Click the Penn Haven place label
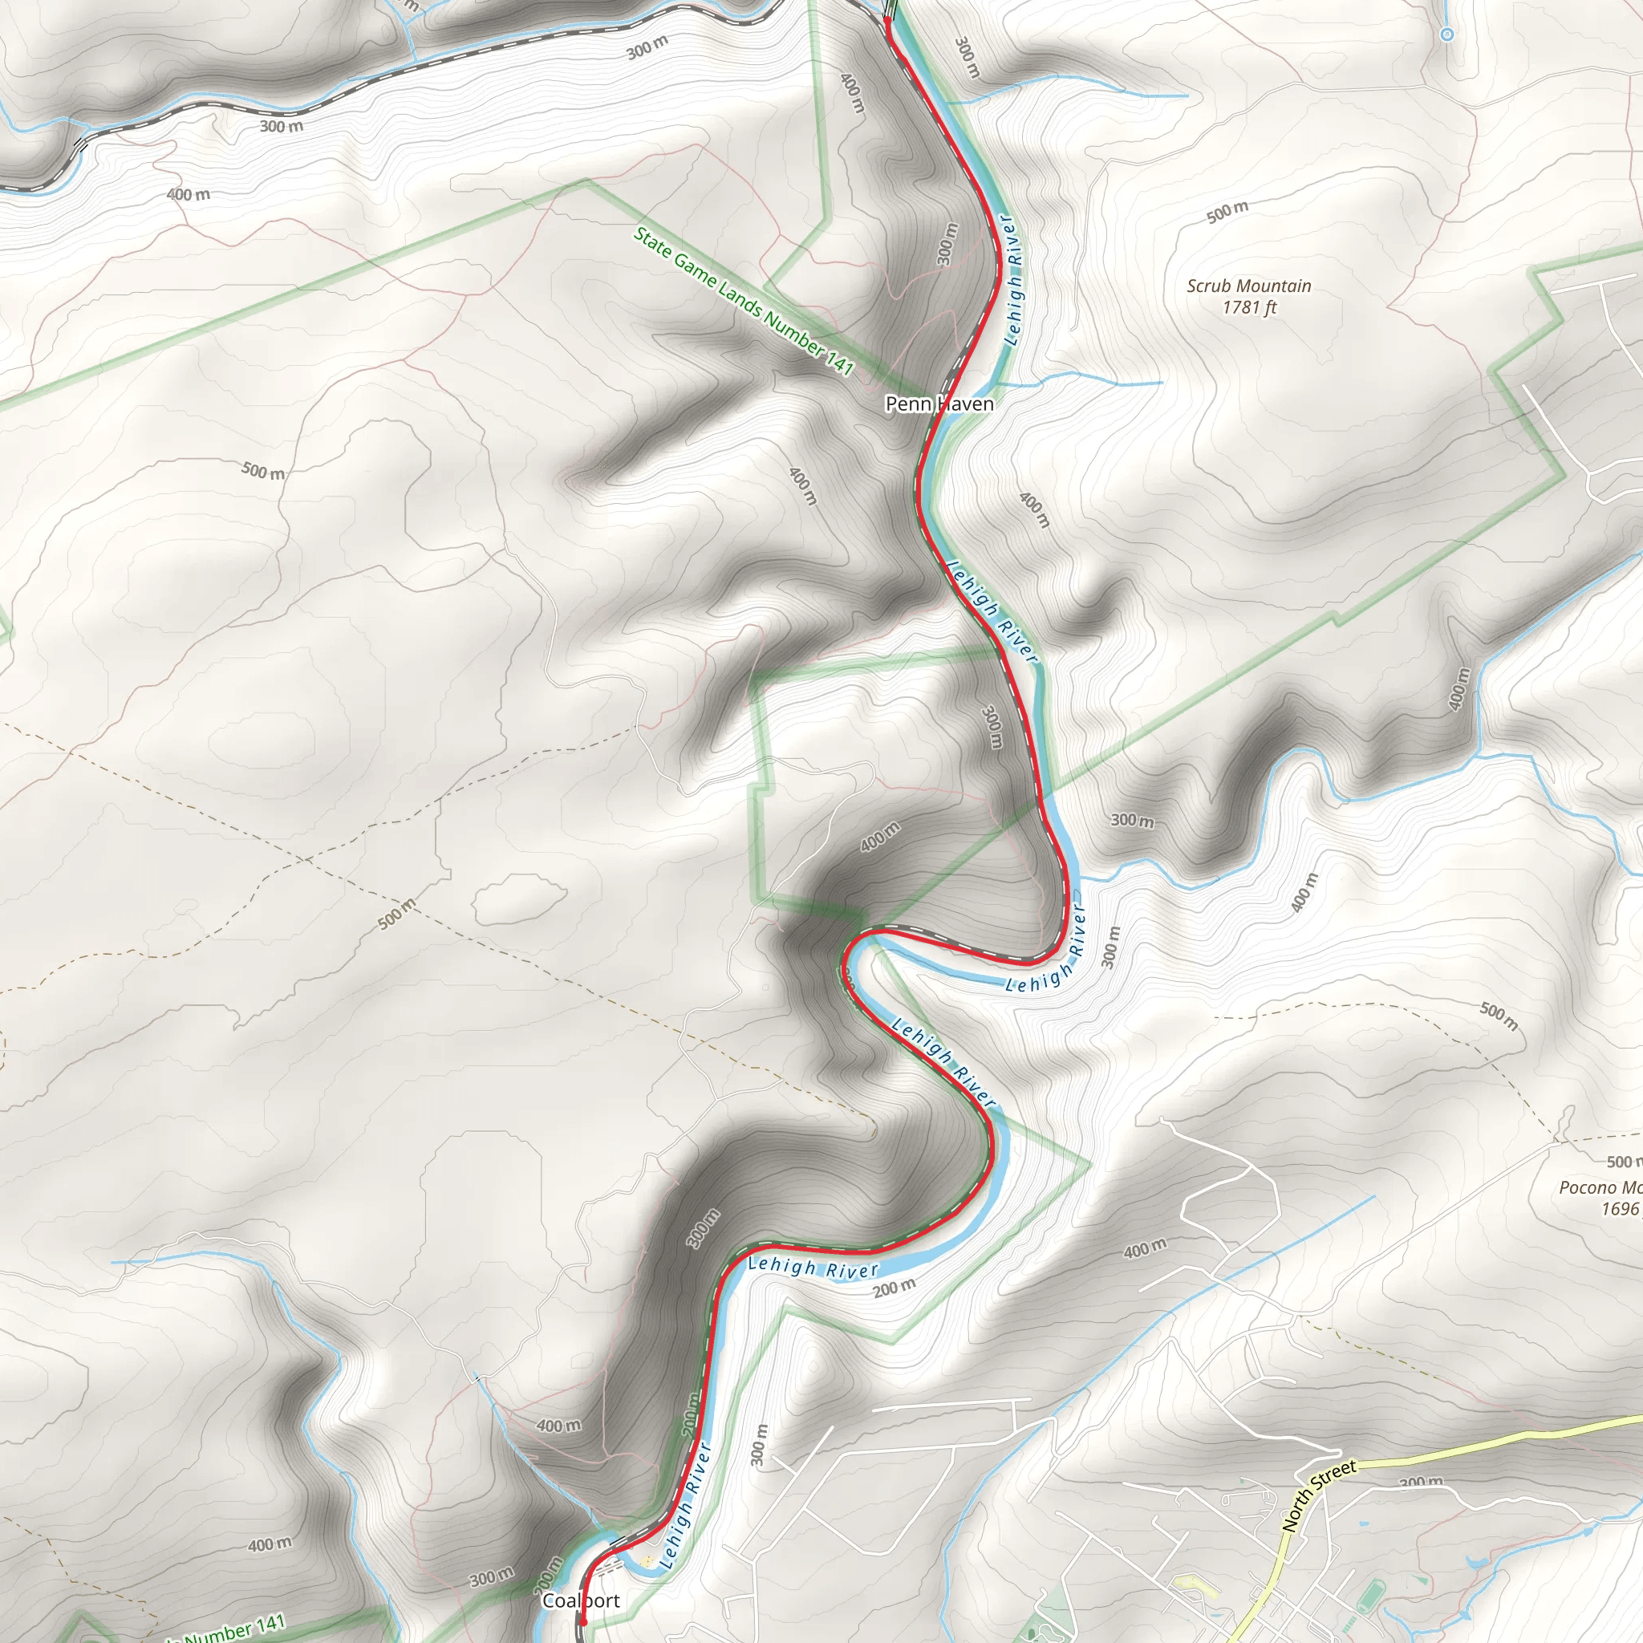939,404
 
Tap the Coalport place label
581,1600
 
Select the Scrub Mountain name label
1248,286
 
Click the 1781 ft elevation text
1248,308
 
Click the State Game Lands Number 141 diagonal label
742,300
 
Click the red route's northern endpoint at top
888,18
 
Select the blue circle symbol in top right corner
1446,34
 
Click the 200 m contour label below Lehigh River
894,1288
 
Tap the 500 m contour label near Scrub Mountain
1227,211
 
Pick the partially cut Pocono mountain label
1599,1187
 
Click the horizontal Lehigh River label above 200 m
812,1268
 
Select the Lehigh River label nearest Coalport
684,1504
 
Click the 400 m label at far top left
188,194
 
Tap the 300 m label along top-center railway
647,48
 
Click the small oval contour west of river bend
520,899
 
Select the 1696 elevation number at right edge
1620,1208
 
